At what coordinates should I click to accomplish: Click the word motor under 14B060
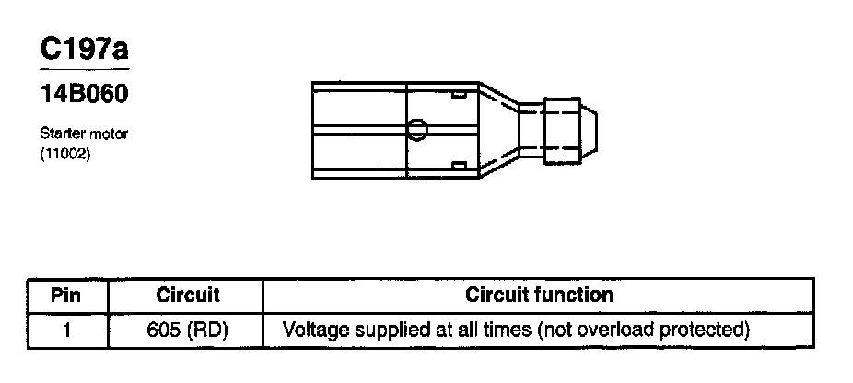click(x=109, y=133)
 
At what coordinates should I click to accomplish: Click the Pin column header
click(x=67, y=296)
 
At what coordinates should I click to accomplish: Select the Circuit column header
click(x=187, y=296)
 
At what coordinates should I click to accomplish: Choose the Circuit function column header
click(x=539, y=296)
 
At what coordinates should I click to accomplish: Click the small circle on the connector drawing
click(x=417, y=129)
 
